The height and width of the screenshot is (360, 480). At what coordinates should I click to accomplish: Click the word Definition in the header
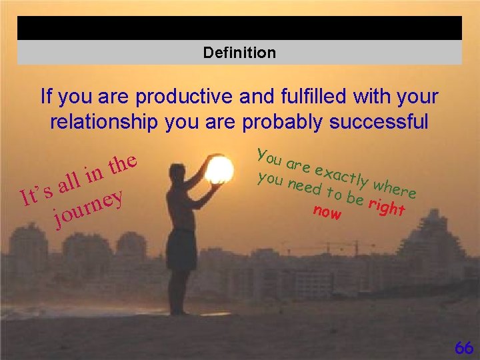[239, 53]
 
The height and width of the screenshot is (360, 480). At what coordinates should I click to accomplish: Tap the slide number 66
[463, 348]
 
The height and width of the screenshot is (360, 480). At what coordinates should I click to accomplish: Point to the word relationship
[101, 123]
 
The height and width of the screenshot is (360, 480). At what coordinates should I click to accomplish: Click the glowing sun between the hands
[219, 169]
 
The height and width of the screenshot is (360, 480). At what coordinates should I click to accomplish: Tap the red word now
[327, 213]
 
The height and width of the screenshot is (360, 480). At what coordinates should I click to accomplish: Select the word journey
[89, 206]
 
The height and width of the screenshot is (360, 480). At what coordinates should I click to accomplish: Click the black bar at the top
[239, 28]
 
